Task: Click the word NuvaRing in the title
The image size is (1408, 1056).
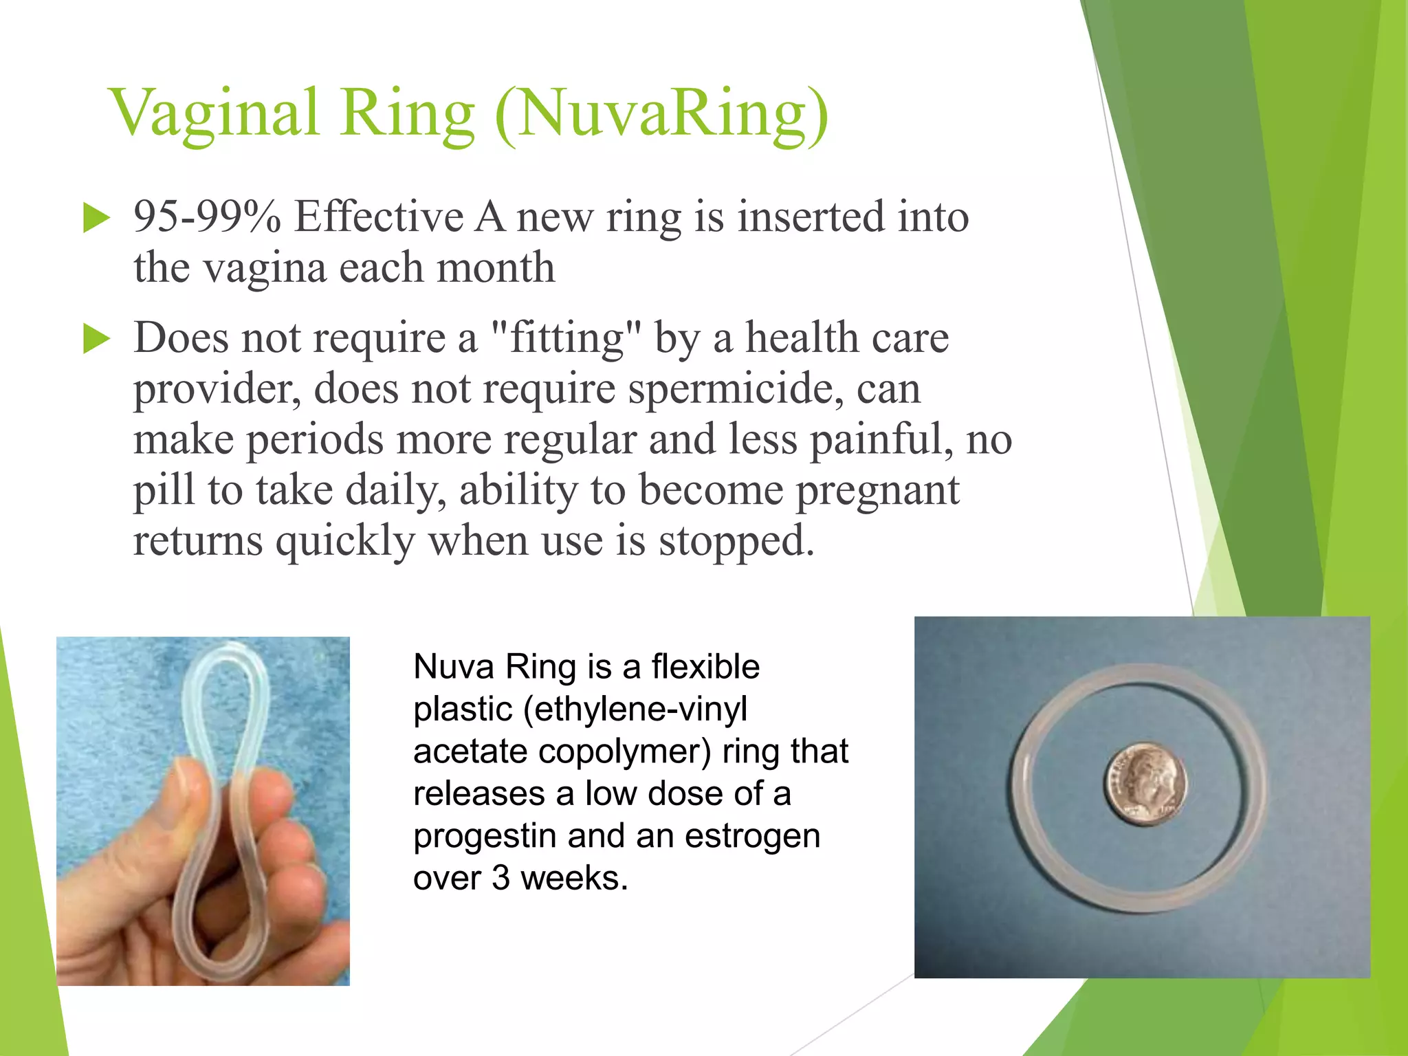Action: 660,113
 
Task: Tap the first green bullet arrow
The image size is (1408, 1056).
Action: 96,219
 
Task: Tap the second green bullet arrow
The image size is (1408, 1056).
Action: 96,340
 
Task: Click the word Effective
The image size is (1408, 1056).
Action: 379,217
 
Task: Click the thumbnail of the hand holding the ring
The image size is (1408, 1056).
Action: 203,811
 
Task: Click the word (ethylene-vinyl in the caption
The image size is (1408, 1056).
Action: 635,709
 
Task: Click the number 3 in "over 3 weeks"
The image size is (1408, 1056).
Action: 500,879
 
